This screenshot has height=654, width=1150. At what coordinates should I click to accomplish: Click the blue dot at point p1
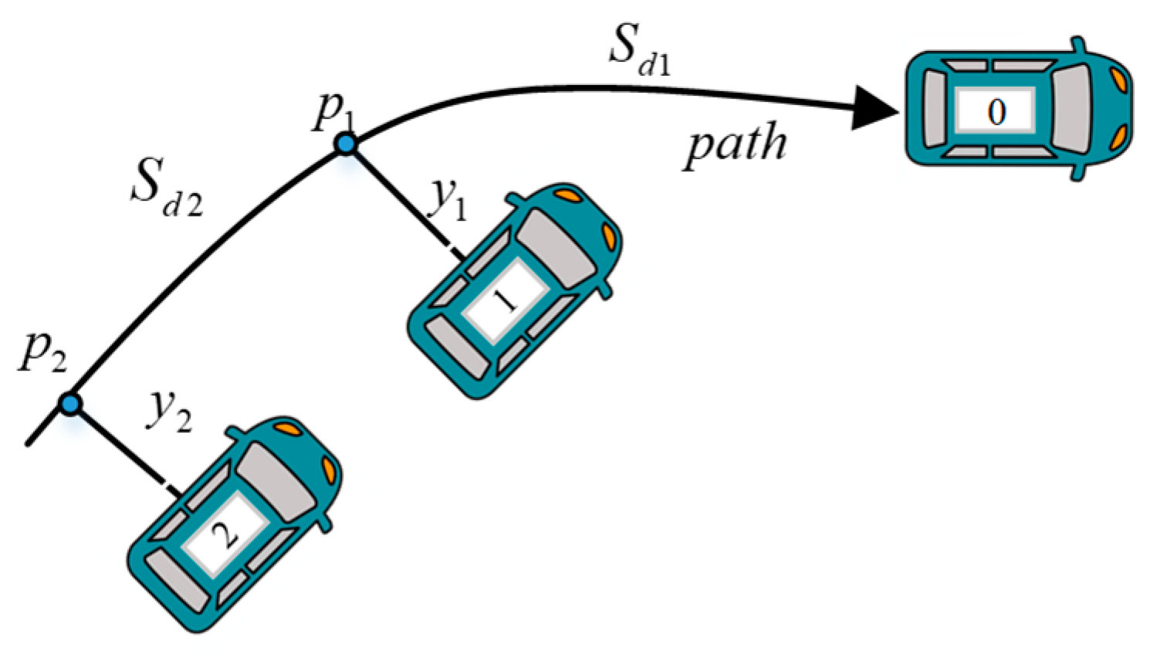pos(347,143)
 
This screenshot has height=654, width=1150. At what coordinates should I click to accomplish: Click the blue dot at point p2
pos(71,404)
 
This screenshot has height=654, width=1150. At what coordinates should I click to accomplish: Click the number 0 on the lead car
pos(996,112)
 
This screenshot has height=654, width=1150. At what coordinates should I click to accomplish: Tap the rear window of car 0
pos(934,108)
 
